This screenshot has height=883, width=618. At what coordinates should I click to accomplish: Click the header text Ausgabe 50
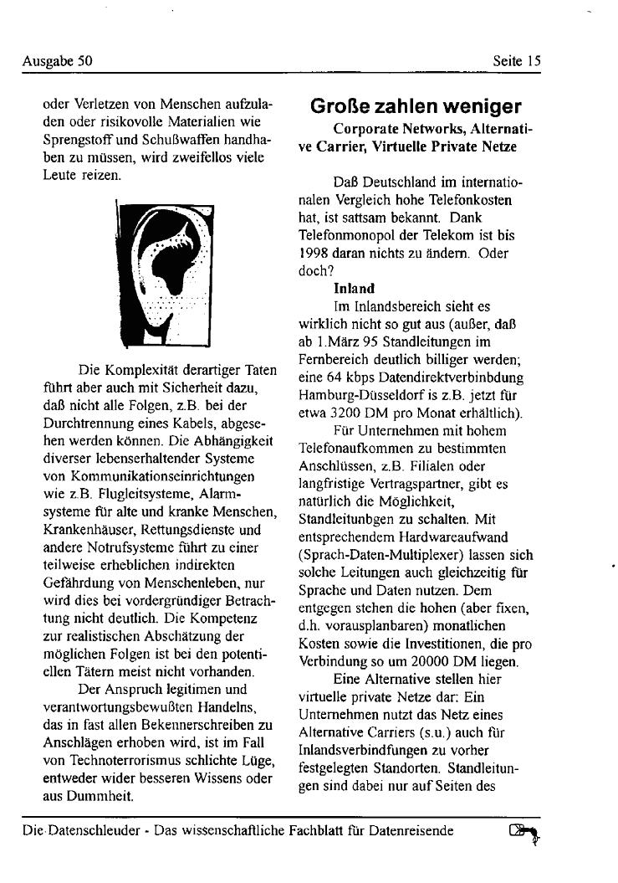pyautogui.click(x=57, y=60)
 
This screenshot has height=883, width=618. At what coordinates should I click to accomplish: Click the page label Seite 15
pyautogui.click(x=517, y=60)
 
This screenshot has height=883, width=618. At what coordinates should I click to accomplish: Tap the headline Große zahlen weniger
pyautogui.click(x=416, y=106)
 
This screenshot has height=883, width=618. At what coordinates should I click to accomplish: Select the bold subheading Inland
pyautogui.click(x=354, y=289)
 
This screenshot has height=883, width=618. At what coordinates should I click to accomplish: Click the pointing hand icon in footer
pyautogui.click(x=524, y=834)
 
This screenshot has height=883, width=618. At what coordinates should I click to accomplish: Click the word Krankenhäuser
pyautogui.click(x=84, y=530)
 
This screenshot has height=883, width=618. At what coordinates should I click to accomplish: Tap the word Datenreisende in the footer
pyautogui.click(x=413, y=831)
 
